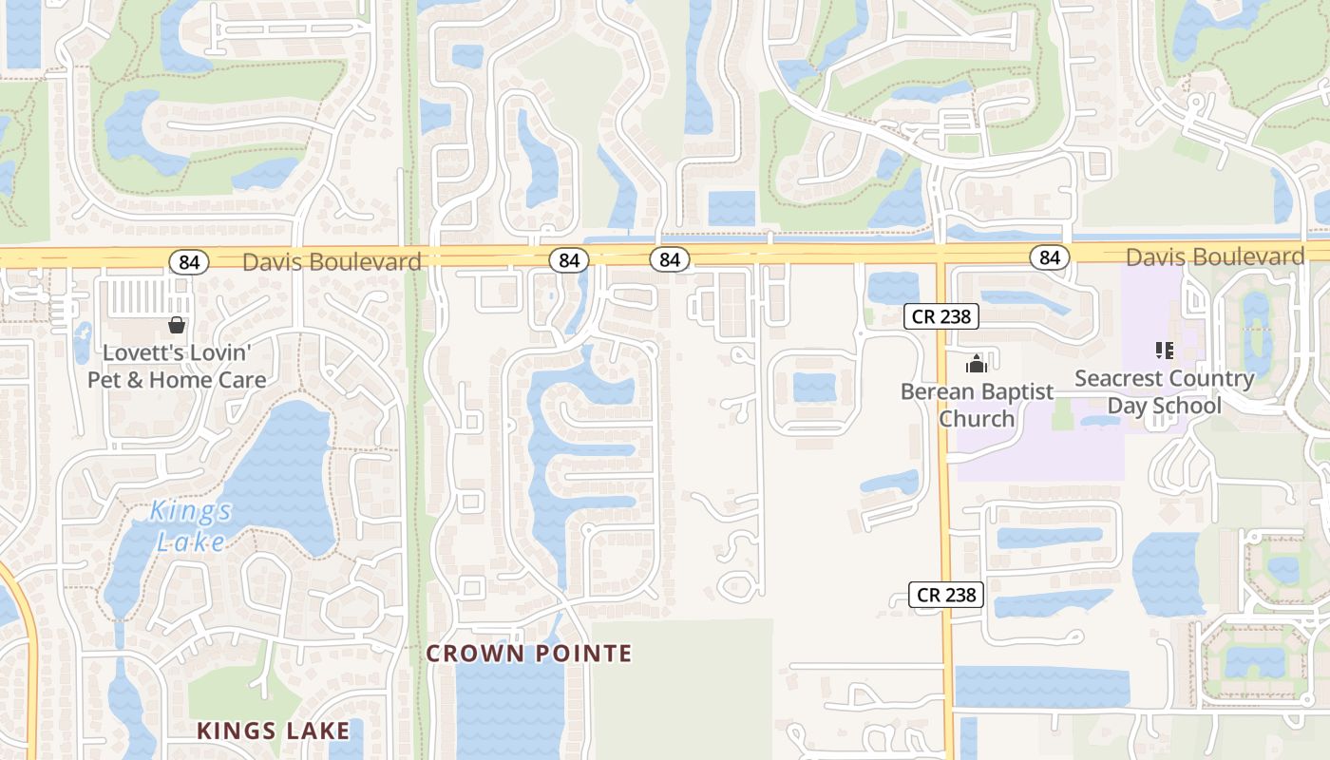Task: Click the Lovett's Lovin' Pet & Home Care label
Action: pyautogui.click(x=177, y=366)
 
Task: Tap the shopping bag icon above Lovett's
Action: pyautogui.click(x=177, y=325)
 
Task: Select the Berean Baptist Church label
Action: pyautogui.click(x=977, y=405)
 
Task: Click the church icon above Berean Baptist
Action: pyautogui.click(x=976, y=363)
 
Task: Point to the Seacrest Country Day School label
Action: pyautogui.click(x=1164, y=391)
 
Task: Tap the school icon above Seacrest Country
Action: pyautogui.click(x=1165, y=350)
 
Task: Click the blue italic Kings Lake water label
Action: pyautogui.click(x=191, y=525)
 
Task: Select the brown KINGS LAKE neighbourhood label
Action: pyautogui.click(x=273, y=731)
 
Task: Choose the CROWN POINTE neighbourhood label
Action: pyautogui.click(x=528, y=654)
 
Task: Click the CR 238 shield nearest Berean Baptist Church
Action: pyautogui.click(x=940, y=316)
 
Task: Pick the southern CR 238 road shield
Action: pyautogui.click(x=946, y=595)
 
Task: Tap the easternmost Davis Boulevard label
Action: pyautogui.click(x=1215, y=256)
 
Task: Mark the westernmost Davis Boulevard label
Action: pyautogui.click(x=332, y=261)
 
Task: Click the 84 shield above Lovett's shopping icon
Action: pyautogui.click(x=189, y=262)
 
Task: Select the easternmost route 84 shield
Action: pyautogui.click(x=1049, y=256)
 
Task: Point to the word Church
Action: pyautogui.click(x=977, y=419)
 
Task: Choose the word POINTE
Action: pyautogui.click(x=582, y=654)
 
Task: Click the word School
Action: pyautogui.click(x=1188, y=406)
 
